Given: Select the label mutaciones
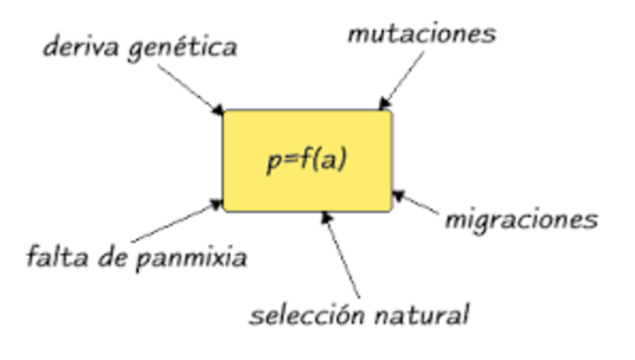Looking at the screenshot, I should pos(421,34).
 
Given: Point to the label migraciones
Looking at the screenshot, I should pos(520,219).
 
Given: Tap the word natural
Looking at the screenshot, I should pos(423,316).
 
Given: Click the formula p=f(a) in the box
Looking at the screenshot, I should pos(307,161).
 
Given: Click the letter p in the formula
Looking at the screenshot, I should pos(273,163).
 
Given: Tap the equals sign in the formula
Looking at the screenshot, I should pos(289,161).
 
